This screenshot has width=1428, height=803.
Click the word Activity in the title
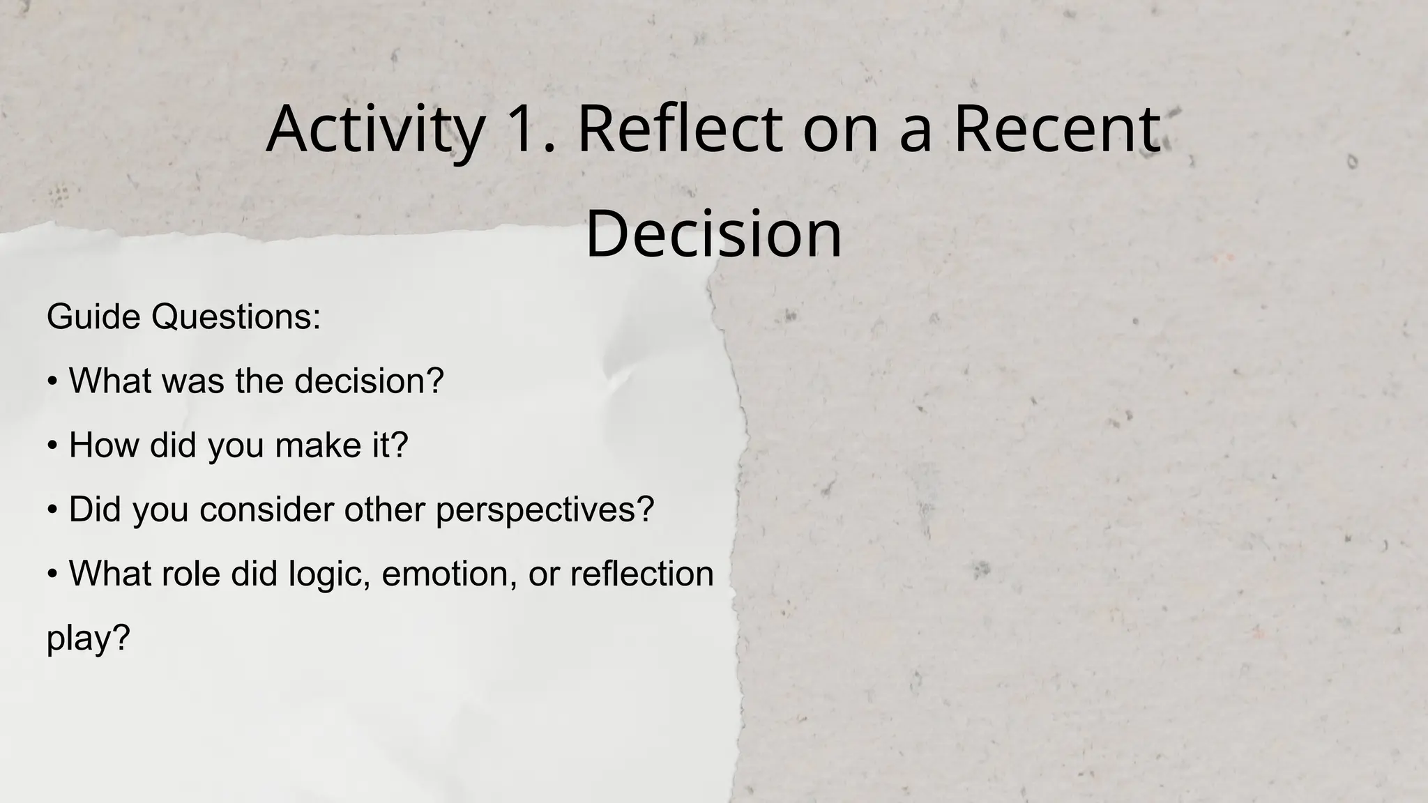click(x=375, y=130)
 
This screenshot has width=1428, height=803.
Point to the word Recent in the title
click(x=1056, y=130)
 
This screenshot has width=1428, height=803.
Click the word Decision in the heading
click(x=713, y=234)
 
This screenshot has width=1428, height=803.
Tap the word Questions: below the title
click(x=236, y=317)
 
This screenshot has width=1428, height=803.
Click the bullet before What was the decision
click(x=52, y=382)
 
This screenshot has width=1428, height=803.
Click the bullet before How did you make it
click(x=52, y=446)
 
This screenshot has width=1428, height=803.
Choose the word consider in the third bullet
click(x=264, y=510)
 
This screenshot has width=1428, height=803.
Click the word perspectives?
click(x=545, y=510)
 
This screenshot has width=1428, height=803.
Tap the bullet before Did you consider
click(x=52, y=510)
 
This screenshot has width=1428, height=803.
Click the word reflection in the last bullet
click(x=641, y=574)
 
